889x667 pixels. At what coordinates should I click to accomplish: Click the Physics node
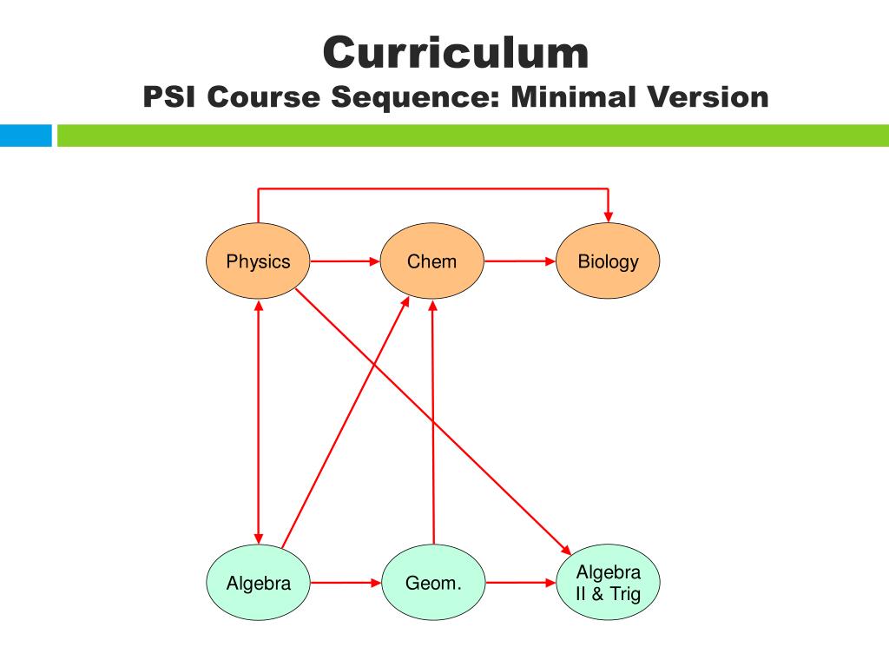258,261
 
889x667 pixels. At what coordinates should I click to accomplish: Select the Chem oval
431,261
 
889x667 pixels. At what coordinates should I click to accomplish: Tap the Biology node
608,261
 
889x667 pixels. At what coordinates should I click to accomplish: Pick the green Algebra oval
258,583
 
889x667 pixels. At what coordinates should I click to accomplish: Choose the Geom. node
433,583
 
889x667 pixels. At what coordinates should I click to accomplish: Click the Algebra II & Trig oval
608,583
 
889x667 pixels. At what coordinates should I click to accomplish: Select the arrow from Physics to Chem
345,261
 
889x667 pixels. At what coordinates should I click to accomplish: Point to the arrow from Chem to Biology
519,261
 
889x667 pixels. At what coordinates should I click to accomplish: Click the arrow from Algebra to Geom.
346,583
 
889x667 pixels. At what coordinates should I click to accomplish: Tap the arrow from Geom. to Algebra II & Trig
520,583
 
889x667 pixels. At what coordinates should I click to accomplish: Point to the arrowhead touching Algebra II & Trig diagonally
565,550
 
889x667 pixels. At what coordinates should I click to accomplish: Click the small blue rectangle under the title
26,135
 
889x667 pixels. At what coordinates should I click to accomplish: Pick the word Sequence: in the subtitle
417,96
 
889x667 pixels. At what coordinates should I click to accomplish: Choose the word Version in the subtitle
706,96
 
